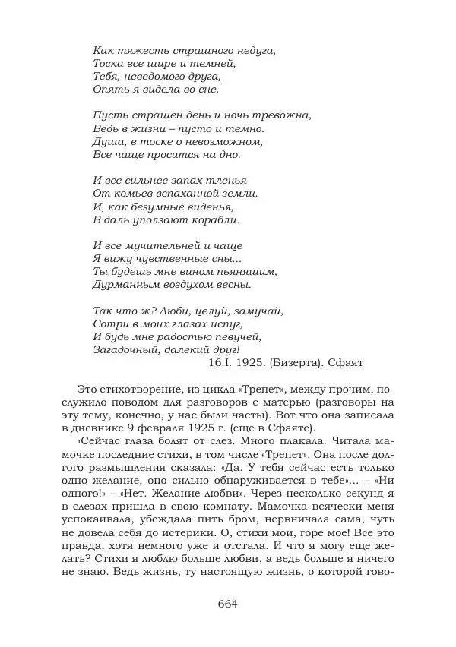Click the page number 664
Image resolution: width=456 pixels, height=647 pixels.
(228, 604)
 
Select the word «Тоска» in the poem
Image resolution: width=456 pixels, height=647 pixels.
(107, 63)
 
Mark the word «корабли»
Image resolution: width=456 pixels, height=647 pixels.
(215, 219)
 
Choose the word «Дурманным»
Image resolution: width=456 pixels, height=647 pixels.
(126, 285)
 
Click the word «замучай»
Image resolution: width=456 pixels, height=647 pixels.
(258, 311)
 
